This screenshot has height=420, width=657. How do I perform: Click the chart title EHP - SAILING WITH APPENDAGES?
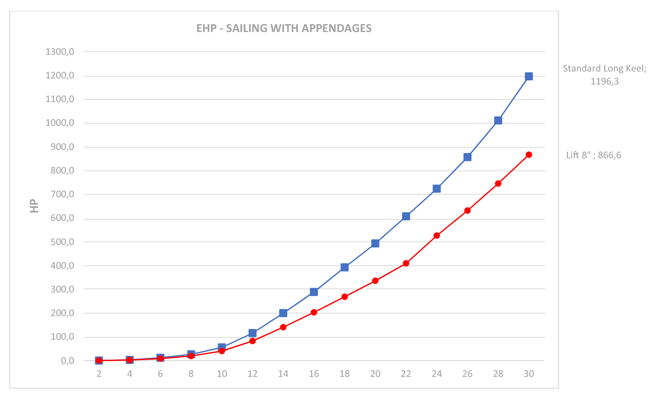tap(283, 28)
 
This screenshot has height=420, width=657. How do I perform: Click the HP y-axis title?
tap(34, 206)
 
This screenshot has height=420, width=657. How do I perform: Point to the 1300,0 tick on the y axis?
tap(60, 52)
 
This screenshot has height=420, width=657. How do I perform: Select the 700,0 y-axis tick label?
tap(62, 194)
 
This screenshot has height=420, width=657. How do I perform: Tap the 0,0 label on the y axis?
tap(67, 361)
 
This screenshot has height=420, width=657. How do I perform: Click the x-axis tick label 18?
tap(344, 374)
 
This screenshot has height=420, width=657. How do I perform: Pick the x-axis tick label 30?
tap(528, 374)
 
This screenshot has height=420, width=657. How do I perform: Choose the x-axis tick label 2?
tap(99, 374)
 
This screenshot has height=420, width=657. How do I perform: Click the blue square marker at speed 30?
tap(528, 77)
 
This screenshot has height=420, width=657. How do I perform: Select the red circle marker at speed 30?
tap(528, 155)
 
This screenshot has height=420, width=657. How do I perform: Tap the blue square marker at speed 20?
tap(375, 243)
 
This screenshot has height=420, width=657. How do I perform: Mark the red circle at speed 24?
tap(437, 236)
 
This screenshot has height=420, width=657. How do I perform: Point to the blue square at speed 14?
tap(283, 313)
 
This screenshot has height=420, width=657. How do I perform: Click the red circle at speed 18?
tap(344, 297)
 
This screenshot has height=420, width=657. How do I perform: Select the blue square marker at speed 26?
tap(467, 157)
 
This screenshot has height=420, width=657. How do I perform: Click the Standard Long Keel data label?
tap(604, 75)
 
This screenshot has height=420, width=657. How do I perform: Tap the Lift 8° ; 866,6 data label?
tap(593, 155)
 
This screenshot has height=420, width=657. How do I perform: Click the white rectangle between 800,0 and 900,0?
tap(256, 159)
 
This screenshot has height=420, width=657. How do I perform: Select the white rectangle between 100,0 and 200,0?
tap(426, 325)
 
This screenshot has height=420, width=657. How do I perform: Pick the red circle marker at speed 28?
tap(498, 183)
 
